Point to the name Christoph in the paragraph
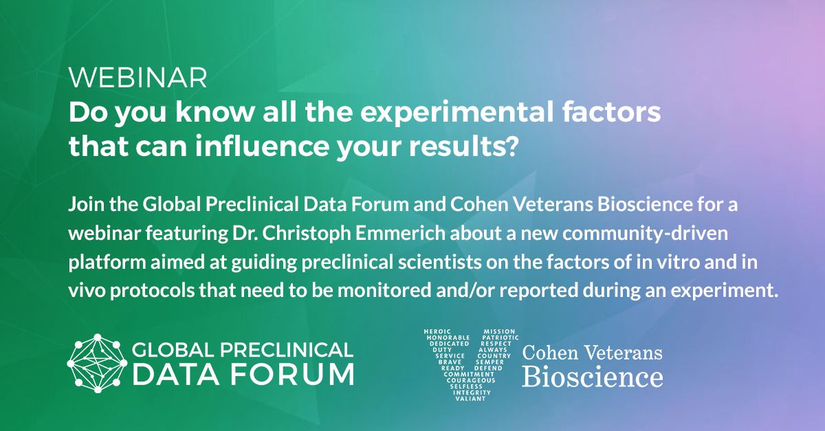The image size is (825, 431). point(330,233)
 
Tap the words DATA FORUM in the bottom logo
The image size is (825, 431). point(243,375)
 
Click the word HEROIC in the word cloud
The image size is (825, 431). point(437,332)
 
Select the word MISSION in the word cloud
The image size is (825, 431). point(499,332)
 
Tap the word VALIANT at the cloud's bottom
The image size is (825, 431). point(470,399)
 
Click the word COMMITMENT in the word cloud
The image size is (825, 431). point(469,375)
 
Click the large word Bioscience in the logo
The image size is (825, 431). point(593,376)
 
